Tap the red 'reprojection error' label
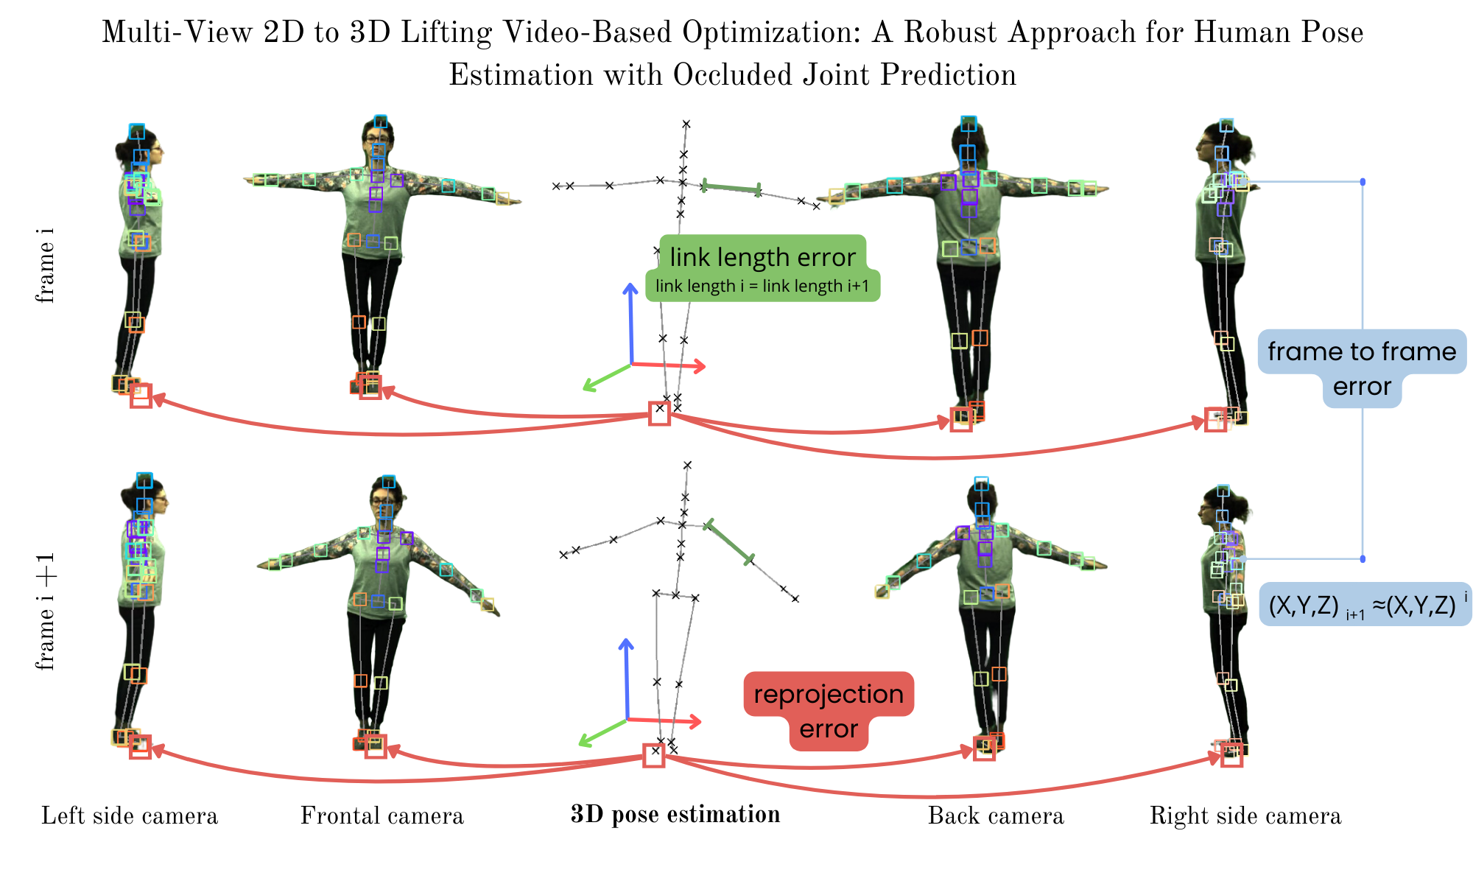click(x=829, y=711)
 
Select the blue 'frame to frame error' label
click(x=1362, y=368)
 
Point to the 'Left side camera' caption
click(x=130, y=815)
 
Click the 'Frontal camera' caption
click(x=382, y=815)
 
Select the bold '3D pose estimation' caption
click(x=675, y=814)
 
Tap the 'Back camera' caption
click(x=996, y=815)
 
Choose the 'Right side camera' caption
click(x=1245, y=815)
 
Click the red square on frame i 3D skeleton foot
click(x=659, y=413)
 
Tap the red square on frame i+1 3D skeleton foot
click(x=653, y=755)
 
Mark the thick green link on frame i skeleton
click(x=731, y=188)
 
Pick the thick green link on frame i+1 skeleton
click(x=729, y=543)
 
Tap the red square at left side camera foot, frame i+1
click(x=140, y=747)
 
